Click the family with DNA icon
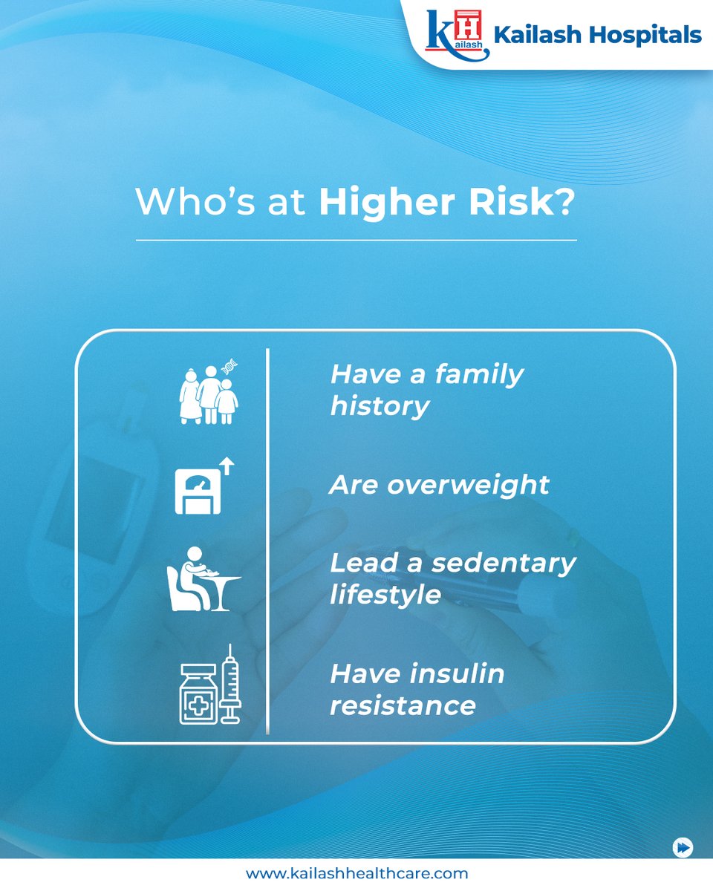209,394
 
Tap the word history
380,406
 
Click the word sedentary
504,563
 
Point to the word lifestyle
385,595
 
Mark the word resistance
403,705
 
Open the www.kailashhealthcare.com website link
356,874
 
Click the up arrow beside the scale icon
228,466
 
